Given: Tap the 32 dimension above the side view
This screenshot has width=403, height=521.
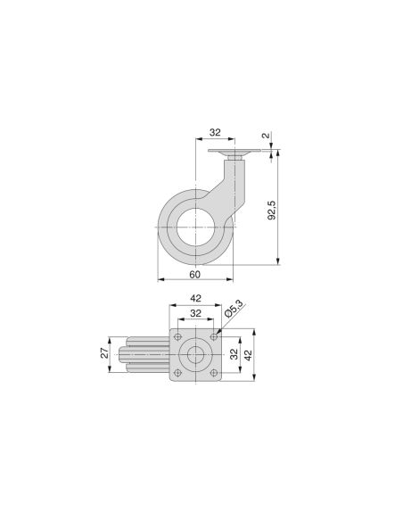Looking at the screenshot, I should coord(214,131).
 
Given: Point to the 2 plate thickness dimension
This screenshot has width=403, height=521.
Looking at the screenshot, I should coord(265,136).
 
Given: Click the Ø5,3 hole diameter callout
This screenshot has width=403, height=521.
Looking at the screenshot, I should coord(234,310).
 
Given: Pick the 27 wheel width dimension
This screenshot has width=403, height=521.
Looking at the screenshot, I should coord(103,354).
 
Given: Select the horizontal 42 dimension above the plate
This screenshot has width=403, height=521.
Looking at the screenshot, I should coord(194,299).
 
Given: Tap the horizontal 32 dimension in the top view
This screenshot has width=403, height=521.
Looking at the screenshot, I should coord(194,313).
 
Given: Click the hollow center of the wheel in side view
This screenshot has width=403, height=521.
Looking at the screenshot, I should coord(194,227).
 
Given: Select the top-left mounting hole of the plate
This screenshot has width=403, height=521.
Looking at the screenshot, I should coord(178,336).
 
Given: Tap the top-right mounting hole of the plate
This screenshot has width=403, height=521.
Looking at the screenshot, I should coord(212,336).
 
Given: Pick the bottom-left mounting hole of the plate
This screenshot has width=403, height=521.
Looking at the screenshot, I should coord(178,372).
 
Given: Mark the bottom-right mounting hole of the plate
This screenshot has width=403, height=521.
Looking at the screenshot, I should coord(212,372).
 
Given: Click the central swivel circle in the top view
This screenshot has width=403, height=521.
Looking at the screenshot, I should coord(195,354).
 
